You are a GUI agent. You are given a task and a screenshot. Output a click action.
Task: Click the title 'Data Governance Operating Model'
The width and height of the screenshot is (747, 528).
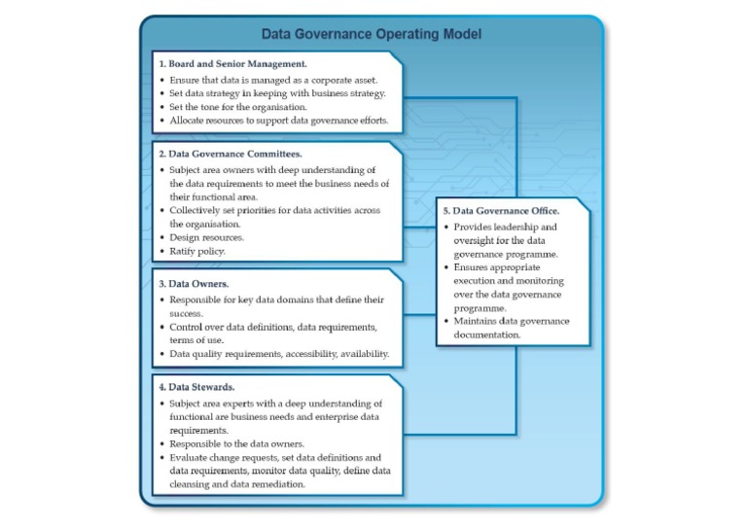tap(371, 34)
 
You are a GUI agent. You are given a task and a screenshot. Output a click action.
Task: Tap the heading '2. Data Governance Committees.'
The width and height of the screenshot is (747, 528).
tap(230, 154)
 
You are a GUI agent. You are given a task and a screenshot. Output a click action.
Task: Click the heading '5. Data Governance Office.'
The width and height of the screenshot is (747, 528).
tap(501, 211)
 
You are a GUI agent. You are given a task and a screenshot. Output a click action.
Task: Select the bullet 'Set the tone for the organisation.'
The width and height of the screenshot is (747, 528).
tap(237, 107)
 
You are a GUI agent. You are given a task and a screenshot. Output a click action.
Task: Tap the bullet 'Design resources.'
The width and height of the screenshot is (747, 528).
tap(206, 237)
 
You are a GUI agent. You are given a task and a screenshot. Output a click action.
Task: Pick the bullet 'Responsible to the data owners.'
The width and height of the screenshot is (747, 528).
tap(235, 442)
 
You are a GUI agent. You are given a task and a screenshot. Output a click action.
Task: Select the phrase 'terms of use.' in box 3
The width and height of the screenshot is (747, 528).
tap(198, 340)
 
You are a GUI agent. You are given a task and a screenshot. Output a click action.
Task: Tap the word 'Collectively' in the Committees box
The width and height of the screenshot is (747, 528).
tap(197, 210)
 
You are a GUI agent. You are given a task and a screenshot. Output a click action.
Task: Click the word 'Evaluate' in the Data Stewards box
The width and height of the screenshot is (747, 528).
tap(191, 457)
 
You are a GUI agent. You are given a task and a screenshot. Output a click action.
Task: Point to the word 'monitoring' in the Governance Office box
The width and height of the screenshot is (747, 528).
tap(536, 280)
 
